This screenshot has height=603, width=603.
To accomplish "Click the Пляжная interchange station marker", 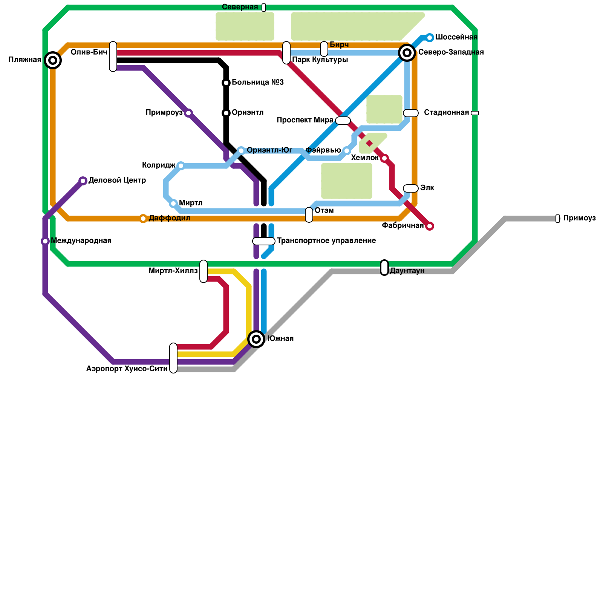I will tap(53, 60).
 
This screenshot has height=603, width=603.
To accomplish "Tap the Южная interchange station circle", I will tap(256, 339).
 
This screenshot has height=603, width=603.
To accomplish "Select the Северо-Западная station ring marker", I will tap(407, 53).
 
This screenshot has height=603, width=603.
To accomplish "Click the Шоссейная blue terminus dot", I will tap(430, 38).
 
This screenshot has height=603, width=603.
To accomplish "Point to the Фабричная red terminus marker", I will tap(430, 226).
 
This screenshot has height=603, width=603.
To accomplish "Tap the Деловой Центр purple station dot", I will tap(83, 181).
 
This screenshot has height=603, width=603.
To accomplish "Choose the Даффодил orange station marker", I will tap(143, 219).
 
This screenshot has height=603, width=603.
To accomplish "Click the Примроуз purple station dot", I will tap(188, 113).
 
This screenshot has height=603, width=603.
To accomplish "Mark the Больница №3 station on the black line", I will tap(226, 83).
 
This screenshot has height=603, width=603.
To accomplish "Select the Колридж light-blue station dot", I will tap(181, 166).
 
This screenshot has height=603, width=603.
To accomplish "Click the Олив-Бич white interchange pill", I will tap(113, 57).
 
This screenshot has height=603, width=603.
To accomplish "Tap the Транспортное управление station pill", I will tap(264, 241).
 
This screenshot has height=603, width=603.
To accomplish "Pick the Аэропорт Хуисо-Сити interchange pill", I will tap(173, 358).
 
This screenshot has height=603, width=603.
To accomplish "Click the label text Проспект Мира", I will tap(305, 120).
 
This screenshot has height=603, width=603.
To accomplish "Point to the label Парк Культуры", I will tap(320, 60).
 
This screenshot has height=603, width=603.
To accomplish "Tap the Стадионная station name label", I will tap(446, 113).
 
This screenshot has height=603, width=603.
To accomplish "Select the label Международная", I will tap(81, 241).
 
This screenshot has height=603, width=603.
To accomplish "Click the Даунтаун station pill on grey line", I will tap(384, 268).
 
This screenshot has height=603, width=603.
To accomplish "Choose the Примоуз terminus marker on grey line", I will tap(558, 219).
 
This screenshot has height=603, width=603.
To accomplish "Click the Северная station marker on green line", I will tap(264, 8).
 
